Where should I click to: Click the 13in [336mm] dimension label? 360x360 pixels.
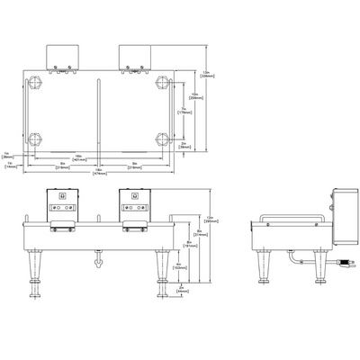pos(206,74)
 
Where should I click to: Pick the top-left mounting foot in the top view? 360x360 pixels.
pos(36,82)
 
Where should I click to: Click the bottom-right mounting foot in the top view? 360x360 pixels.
pos(163,139)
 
